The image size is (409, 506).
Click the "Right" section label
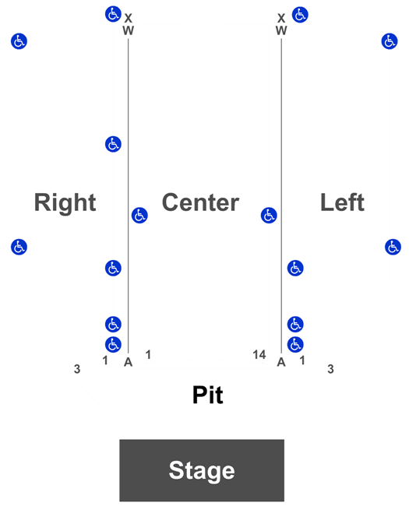(x=65, y=202)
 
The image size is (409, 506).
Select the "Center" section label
(x=200, y=202)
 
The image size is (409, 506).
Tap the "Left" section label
(x=342, y=202)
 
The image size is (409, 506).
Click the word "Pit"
(x=208, y=395)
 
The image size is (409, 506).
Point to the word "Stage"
(x=202, y=471)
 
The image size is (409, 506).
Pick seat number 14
(x=259, y=355)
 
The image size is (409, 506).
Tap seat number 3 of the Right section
(x=77, y=369)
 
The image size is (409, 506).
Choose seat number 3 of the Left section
(x=330, y=369)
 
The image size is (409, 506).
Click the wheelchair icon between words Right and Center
(x=139, y=215)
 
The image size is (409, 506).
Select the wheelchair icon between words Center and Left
(x=269, y=215)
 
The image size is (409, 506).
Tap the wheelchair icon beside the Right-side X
(x=113, y=14)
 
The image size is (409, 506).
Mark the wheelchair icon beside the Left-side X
(x=300, y=15)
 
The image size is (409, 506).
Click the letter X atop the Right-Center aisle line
(x=129, y=18)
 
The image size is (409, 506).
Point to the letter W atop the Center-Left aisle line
(x=281, y=30)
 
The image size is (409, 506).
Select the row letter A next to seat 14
(x=281, y=363)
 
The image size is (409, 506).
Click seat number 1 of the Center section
(x=148, y=355)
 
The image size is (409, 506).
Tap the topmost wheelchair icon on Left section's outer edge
(x=390, y=41)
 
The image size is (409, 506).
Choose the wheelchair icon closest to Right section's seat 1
(x=113, y=345)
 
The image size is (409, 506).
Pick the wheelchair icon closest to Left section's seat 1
(x=295, y=345)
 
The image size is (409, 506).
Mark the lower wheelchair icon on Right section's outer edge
(x=19, y=248)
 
